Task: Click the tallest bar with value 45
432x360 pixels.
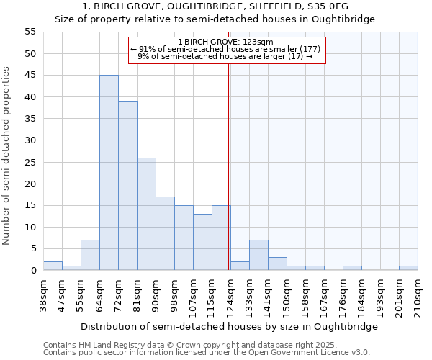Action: [x=109, y=173]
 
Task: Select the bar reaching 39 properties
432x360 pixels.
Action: [x=127, y=186]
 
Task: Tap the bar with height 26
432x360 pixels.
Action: [x=146, y=214]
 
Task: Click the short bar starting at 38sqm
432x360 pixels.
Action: [x=53, y=266]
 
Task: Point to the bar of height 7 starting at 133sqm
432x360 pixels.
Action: [x=258, y=255]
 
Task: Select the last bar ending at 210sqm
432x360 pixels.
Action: [x=408, y=268]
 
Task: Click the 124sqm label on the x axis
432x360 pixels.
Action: [x=230, y=295]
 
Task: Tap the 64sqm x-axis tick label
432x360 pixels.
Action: [x=99, y=295]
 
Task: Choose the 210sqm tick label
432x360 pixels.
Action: [x=418, y=295]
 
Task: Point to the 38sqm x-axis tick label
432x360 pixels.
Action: [x=43, y=295]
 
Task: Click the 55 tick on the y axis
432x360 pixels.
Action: [x=30, y=32]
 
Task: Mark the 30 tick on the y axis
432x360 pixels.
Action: [x=30, y=140]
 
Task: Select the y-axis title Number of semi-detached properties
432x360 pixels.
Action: [x=7, y=156]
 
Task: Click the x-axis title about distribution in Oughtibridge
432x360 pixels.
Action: [x=230, y=326]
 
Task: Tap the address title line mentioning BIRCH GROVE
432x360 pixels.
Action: [x=215, y=6]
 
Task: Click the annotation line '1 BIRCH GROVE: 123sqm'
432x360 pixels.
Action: [x=227, y=42]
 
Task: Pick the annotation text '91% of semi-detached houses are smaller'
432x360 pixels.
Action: [x=225, y=49]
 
